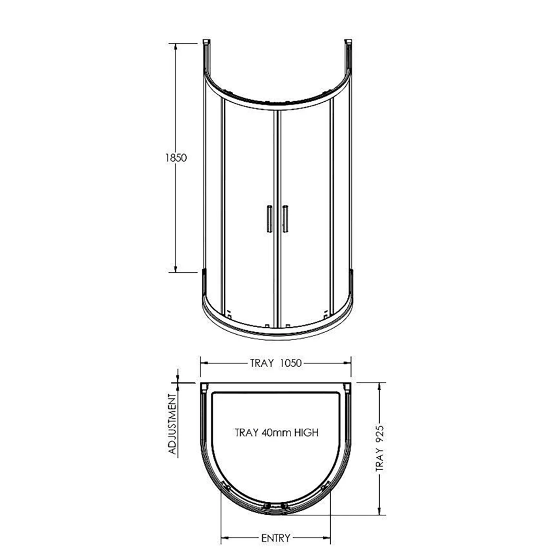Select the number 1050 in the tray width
click(291, 364)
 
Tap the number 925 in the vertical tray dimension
click(380, 434)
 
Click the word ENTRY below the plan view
click(275, 538)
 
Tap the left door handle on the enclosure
click(268, 219)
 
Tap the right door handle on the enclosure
click(285, 219)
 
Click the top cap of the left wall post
click(206, 41)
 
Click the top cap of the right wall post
click(348, 41)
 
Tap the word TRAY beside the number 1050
click(261, 364)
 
